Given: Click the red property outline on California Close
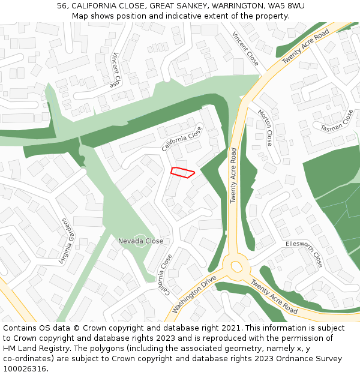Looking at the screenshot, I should pyautogui.click(x=182, y=172).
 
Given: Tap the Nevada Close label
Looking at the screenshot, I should pyautogui.click(x=140, y=241).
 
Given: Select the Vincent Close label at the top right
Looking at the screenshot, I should pyautogui.click(x=245, y=49).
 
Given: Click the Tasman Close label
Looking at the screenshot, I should pyautogui.click(x=337, y=121).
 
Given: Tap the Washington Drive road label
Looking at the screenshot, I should pyautogui.click(x=194, y=295).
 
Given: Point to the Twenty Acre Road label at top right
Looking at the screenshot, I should pyautogui.click(x=306, y=46).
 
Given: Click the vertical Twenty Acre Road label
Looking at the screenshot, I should pyautogui.click(x=234, y=176).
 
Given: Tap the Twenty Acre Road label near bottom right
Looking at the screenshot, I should pyautogui.click(x=274, y=296).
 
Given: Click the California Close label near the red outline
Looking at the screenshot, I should pyautogui.click(x=182, y=139).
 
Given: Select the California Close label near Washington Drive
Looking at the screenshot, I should pyautogui.click(x=164, y=275).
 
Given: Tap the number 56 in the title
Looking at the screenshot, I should pyautogui.click(x=62, y=5).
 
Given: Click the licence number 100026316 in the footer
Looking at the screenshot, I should pyautogui.click(x=25, y=368).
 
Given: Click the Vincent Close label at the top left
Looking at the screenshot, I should pyautogui.click(x=116, y=70).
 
